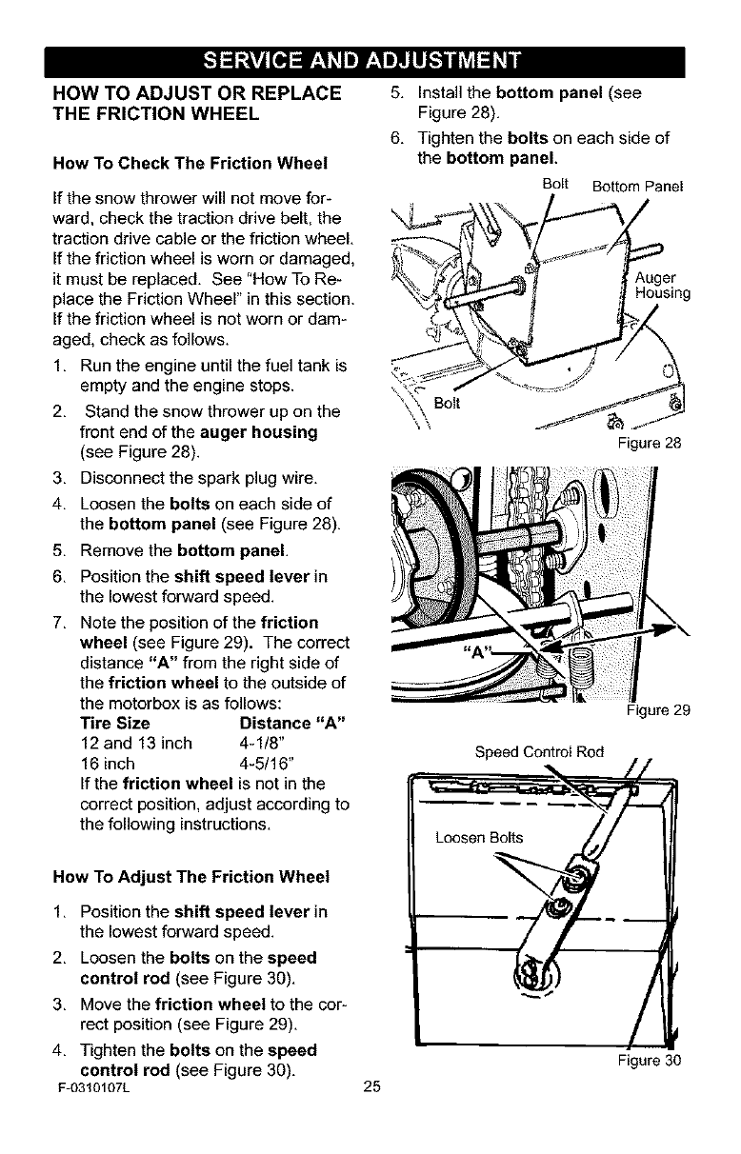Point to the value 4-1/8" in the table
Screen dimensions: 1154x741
click(x=260, y=744)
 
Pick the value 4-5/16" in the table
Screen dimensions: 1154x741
click(x=265, y=764)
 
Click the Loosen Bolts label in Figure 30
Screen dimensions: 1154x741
click(x=478, y=838)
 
